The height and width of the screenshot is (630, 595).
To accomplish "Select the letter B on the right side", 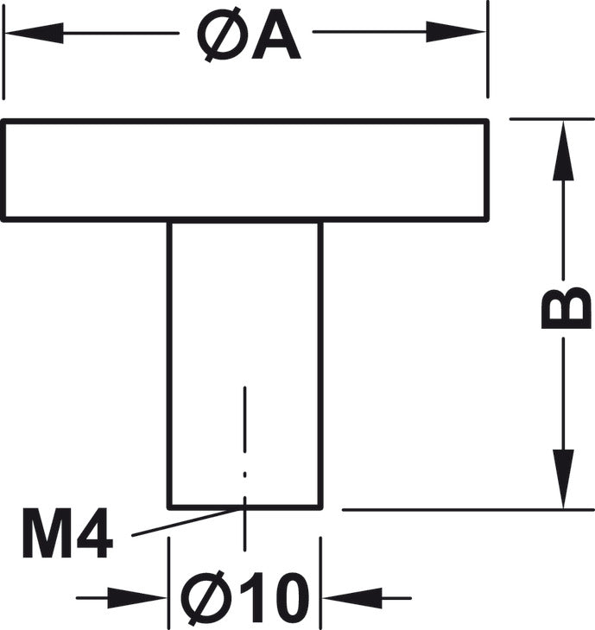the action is [566, 308].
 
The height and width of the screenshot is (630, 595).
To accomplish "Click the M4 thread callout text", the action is [67, 533].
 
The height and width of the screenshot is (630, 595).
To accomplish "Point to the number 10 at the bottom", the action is [275, 598].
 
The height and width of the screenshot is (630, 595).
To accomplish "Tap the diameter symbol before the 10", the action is [206, 598].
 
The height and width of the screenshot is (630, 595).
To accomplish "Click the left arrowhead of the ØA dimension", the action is [35, 33].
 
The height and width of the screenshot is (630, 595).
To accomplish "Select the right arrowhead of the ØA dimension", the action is [456, 32].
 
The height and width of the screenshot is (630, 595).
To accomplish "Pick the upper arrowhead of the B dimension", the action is [563, 150].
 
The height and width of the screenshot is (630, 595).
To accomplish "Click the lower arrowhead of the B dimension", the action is [563, 479].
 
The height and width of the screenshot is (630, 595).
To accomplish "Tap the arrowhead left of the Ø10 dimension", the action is [136, 598].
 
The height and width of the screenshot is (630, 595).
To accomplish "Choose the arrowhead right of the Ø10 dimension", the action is [352, 598].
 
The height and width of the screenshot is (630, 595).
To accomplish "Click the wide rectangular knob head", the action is [245, 170].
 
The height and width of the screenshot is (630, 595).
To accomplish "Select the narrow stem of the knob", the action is [245, 366].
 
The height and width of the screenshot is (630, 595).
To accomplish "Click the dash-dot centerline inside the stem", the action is [245, 468].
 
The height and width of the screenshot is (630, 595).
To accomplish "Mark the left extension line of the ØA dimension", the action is [3, 50].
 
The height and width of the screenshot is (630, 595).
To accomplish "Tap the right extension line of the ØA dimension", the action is [488, 49].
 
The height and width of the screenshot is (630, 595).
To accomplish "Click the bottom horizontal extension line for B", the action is [468, 509].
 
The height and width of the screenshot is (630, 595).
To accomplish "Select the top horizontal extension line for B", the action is [552, 119].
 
